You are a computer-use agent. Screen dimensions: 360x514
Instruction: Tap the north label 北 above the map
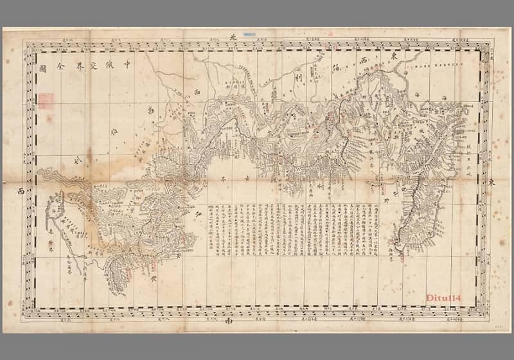[x=234, y=37]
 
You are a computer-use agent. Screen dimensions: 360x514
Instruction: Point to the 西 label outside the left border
[x=21, y=191]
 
